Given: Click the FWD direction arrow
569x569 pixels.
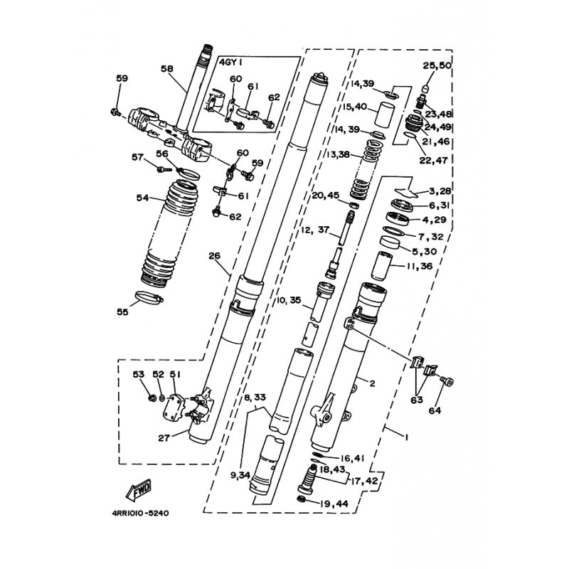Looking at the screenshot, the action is coord(139,490).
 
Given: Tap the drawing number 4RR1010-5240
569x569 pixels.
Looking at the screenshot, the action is coord(140,513).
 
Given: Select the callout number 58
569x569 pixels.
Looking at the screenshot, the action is coord(167,68).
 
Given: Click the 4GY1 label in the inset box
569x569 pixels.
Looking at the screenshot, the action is coord(230,62).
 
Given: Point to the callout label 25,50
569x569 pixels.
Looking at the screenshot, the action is coord(437,65).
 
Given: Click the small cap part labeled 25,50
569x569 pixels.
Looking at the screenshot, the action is coord(426,88).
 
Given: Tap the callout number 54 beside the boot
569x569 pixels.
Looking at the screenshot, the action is coord(143,198).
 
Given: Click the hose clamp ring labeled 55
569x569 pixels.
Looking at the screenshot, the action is coord(149,297).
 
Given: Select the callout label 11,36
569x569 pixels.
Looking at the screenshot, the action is coord(420,266).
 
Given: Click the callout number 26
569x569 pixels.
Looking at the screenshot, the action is coord(215,256).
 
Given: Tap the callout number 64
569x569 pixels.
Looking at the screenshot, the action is coord(435,410).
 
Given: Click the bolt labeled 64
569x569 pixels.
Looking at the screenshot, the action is coord(447,381).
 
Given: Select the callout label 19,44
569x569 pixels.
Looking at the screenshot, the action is coord(334,504).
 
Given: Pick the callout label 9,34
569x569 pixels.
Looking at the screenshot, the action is coord(240,474).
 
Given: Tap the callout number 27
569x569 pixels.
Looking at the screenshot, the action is coord(164,438).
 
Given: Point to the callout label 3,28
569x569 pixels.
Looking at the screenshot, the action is coord(440,191).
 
